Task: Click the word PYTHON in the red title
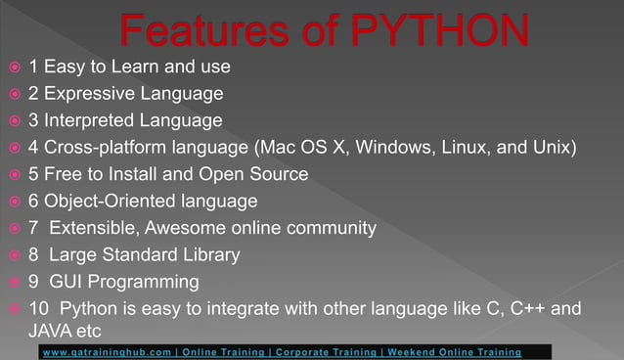coord(446,31)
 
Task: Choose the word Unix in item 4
coord(554,149)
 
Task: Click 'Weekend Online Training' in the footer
coord(454,351)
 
